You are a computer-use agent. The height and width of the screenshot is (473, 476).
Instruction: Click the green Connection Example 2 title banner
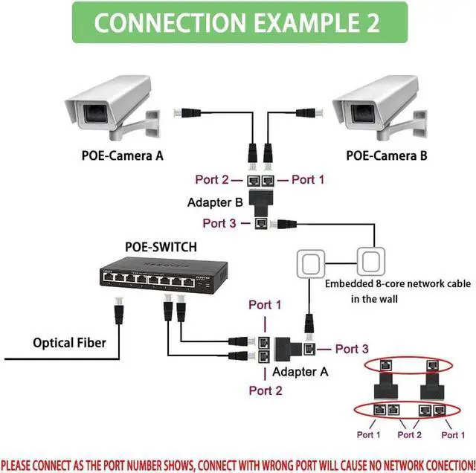click(x=237, y=22)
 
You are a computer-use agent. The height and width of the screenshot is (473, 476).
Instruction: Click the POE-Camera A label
click(x=122, y=156)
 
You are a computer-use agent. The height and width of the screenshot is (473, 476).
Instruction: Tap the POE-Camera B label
click(x=386, y=156)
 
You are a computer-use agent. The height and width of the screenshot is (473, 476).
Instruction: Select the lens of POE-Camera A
click(x=94, y=114)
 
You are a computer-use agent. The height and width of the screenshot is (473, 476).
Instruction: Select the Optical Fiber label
click(x=69, y=343)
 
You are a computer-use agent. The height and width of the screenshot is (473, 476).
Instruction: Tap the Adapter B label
click(x=216, y=202)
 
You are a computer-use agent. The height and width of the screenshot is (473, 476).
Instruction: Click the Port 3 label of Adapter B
click(x=220, y=222)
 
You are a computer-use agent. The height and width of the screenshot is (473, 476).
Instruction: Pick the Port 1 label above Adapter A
click(x=266, y=305)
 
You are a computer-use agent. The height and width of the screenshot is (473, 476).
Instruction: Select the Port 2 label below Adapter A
click(x=266, y=390)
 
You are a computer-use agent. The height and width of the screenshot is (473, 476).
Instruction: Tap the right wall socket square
click(x=369, y=262)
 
